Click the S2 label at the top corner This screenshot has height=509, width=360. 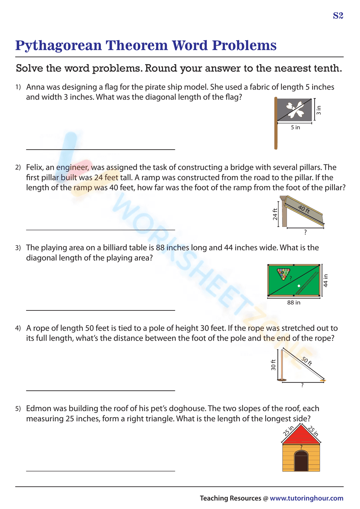point(338,15)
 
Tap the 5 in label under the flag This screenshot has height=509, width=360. point(295,127)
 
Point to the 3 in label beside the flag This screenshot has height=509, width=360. point(319,110)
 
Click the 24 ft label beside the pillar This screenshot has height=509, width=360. point(275,214)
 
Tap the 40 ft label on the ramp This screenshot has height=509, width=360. point(304,209)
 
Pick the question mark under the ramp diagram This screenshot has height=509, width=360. point(305,232)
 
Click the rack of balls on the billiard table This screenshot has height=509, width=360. point(283,274)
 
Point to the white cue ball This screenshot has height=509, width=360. point(299,286)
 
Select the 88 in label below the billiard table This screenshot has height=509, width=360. point(294,303)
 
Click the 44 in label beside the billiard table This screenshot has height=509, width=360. point(325,281)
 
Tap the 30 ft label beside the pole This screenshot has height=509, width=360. point(273,365)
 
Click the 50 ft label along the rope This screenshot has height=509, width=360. point(307,361)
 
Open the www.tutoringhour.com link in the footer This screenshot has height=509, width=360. point(306,498)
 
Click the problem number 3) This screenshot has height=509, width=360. point(18,248)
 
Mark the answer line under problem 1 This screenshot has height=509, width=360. point(100,149)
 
